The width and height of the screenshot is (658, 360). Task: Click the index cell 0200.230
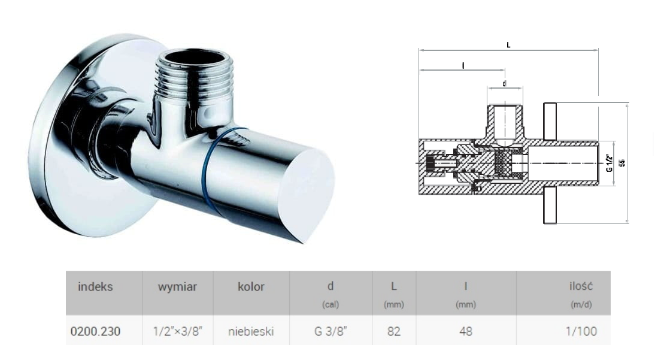(95, 331)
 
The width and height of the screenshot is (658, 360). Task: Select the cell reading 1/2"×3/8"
(177, 331)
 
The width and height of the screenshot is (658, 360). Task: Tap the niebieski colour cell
(251, 331)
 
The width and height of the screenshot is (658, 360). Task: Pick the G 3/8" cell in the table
(330, 331)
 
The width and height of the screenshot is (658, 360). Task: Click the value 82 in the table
(393, 331)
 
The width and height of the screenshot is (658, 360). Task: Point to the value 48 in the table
(466, 331)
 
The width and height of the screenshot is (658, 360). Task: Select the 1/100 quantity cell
(581, 331)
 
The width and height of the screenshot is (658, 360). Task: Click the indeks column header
(95, 286)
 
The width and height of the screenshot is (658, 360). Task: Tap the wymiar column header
(177, 287)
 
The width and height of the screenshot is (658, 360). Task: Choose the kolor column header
(251, 286)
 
